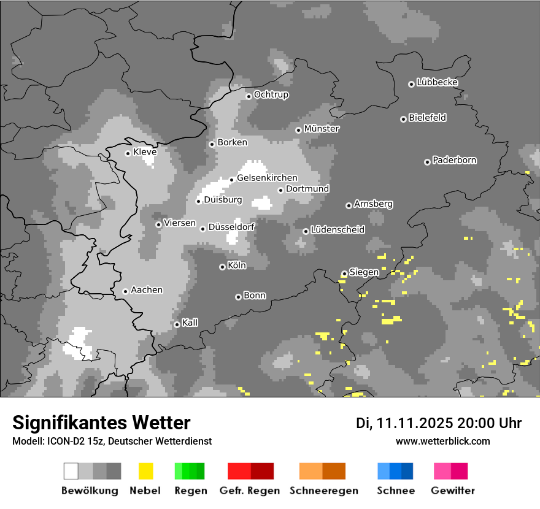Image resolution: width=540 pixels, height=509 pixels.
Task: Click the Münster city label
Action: tap(322, 129)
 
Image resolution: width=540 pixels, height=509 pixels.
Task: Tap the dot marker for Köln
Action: tap(222, 267)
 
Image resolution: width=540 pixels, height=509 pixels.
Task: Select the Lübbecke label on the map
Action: tap(437, 82)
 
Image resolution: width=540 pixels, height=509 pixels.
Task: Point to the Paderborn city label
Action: tap(454, 160)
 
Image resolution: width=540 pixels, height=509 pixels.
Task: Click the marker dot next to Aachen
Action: tap(125, 291)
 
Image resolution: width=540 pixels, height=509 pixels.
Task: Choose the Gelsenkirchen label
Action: tap(267, 178)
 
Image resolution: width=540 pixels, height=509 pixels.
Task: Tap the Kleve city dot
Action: tap(128, 153)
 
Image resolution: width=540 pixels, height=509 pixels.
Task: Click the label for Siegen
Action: tap(364, 272)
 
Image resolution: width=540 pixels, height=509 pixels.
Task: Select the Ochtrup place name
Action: tap(271, 94)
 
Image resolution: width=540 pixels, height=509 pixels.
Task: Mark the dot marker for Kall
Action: tap(177, 324)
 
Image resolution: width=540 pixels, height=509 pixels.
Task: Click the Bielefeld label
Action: tap(427, 118)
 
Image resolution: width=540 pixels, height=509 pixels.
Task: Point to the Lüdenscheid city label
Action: tap(337, 230)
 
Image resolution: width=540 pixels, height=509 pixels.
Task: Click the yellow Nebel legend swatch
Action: tap(145, 471)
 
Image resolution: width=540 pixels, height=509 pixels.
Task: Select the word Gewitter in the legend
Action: tap(452, 491)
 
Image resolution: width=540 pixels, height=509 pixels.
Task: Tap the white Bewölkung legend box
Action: tap(71, 471)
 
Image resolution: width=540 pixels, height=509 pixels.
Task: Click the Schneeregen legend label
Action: tap(322, 491)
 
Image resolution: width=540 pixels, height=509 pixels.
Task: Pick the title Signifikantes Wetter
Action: tap(101, 423)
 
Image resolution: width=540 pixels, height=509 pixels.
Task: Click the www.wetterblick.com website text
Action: tap(442, 441)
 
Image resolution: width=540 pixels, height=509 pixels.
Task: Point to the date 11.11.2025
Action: tap(414, 423)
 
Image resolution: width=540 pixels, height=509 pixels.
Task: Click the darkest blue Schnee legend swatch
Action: tap(407, 471)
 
